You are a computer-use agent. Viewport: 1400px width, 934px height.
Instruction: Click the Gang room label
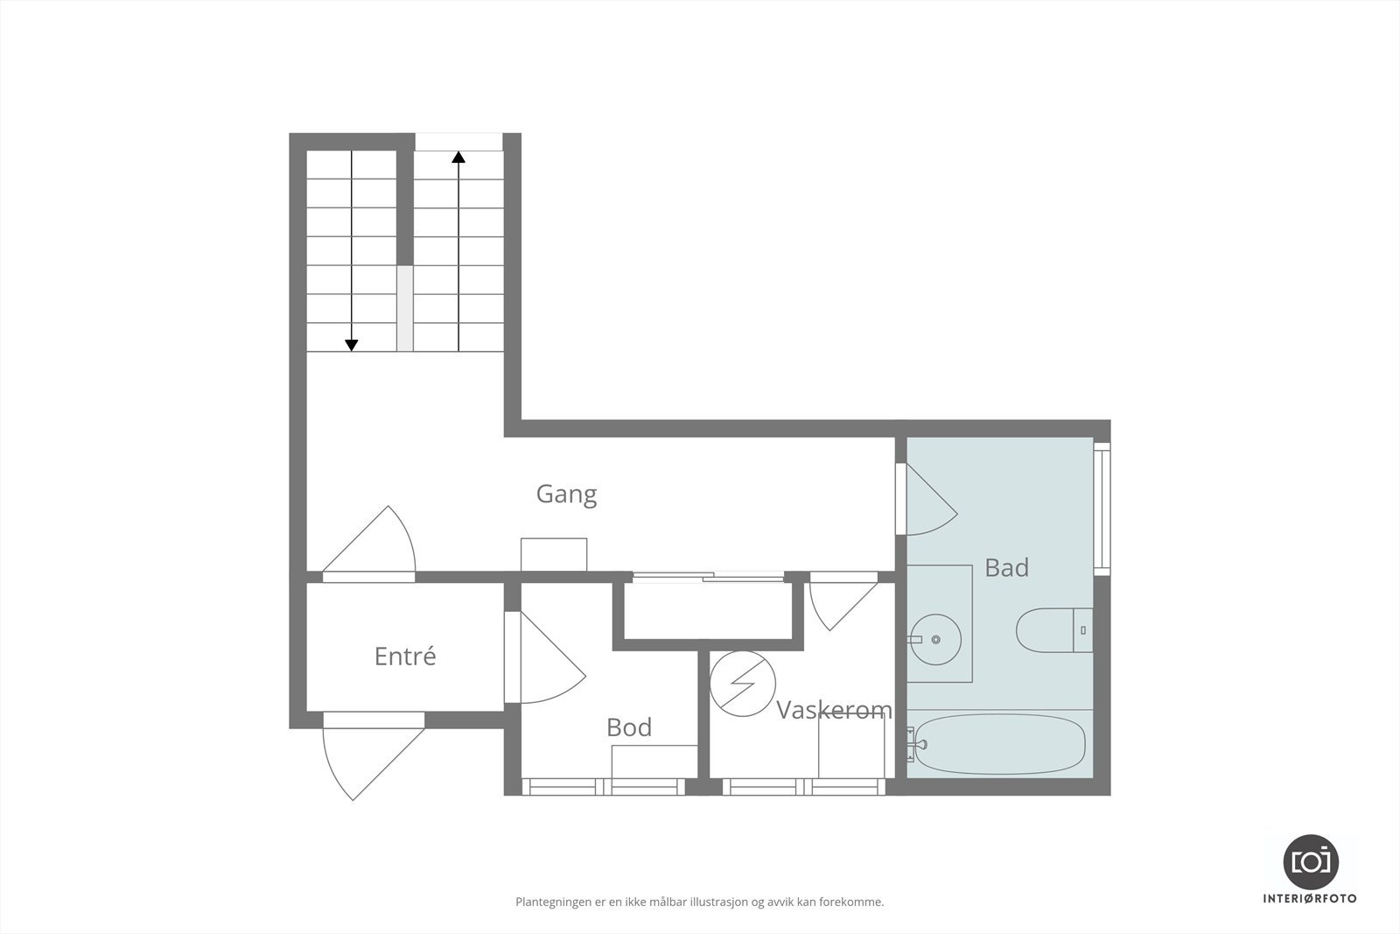click(566, 495)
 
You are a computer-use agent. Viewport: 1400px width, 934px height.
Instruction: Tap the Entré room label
click(404, 657)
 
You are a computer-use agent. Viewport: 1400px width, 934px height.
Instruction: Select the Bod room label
click(628, 727)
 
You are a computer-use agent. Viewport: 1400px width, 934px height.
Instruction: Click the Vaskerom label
click(834, 710)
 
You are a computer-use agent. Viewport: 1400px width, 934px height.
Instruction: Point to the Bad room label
click(1006, 568)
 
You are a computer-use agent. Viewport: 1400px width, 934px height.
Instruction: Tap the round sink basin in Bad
click(935, 640)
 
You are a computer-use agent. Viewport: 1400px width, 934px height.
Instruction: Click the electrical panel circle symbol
click(742, 684)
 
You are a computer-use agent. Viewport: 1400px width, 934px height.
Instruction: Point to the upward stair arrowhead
click(458, 158)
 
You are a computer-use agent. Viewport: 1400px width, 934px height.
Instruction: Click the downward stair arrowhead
click(352, 345)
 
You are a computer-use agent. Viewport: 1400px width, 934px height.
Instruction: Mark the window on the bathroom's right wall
click(1102, 508)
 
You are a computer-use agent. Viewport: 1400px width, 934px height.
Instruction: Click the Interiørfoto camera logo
click(1310, 861)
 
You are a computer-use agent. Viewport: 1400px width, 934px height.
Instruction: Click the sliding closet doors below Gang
click(708, 576)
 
